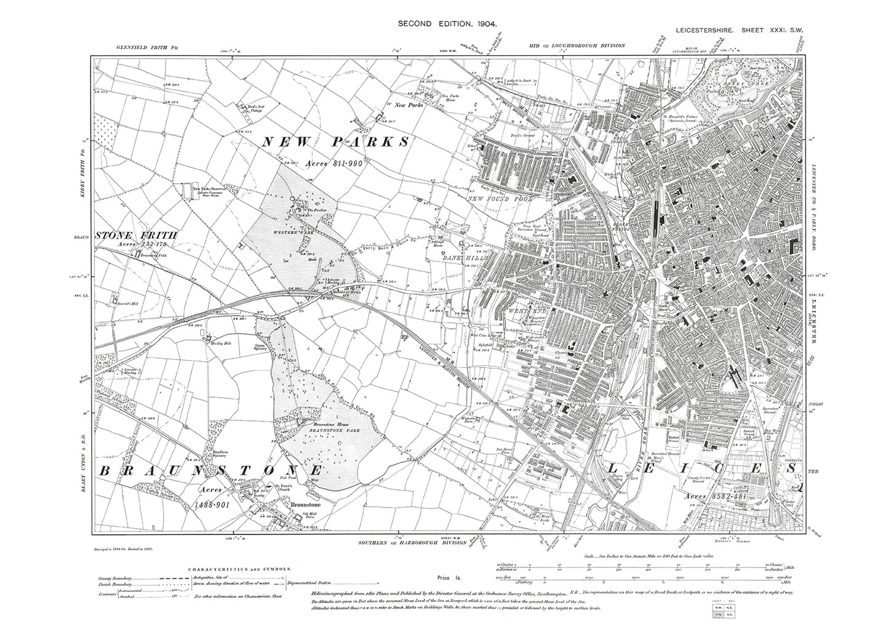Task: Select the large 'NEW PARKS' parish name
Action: tap(336, 142)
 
